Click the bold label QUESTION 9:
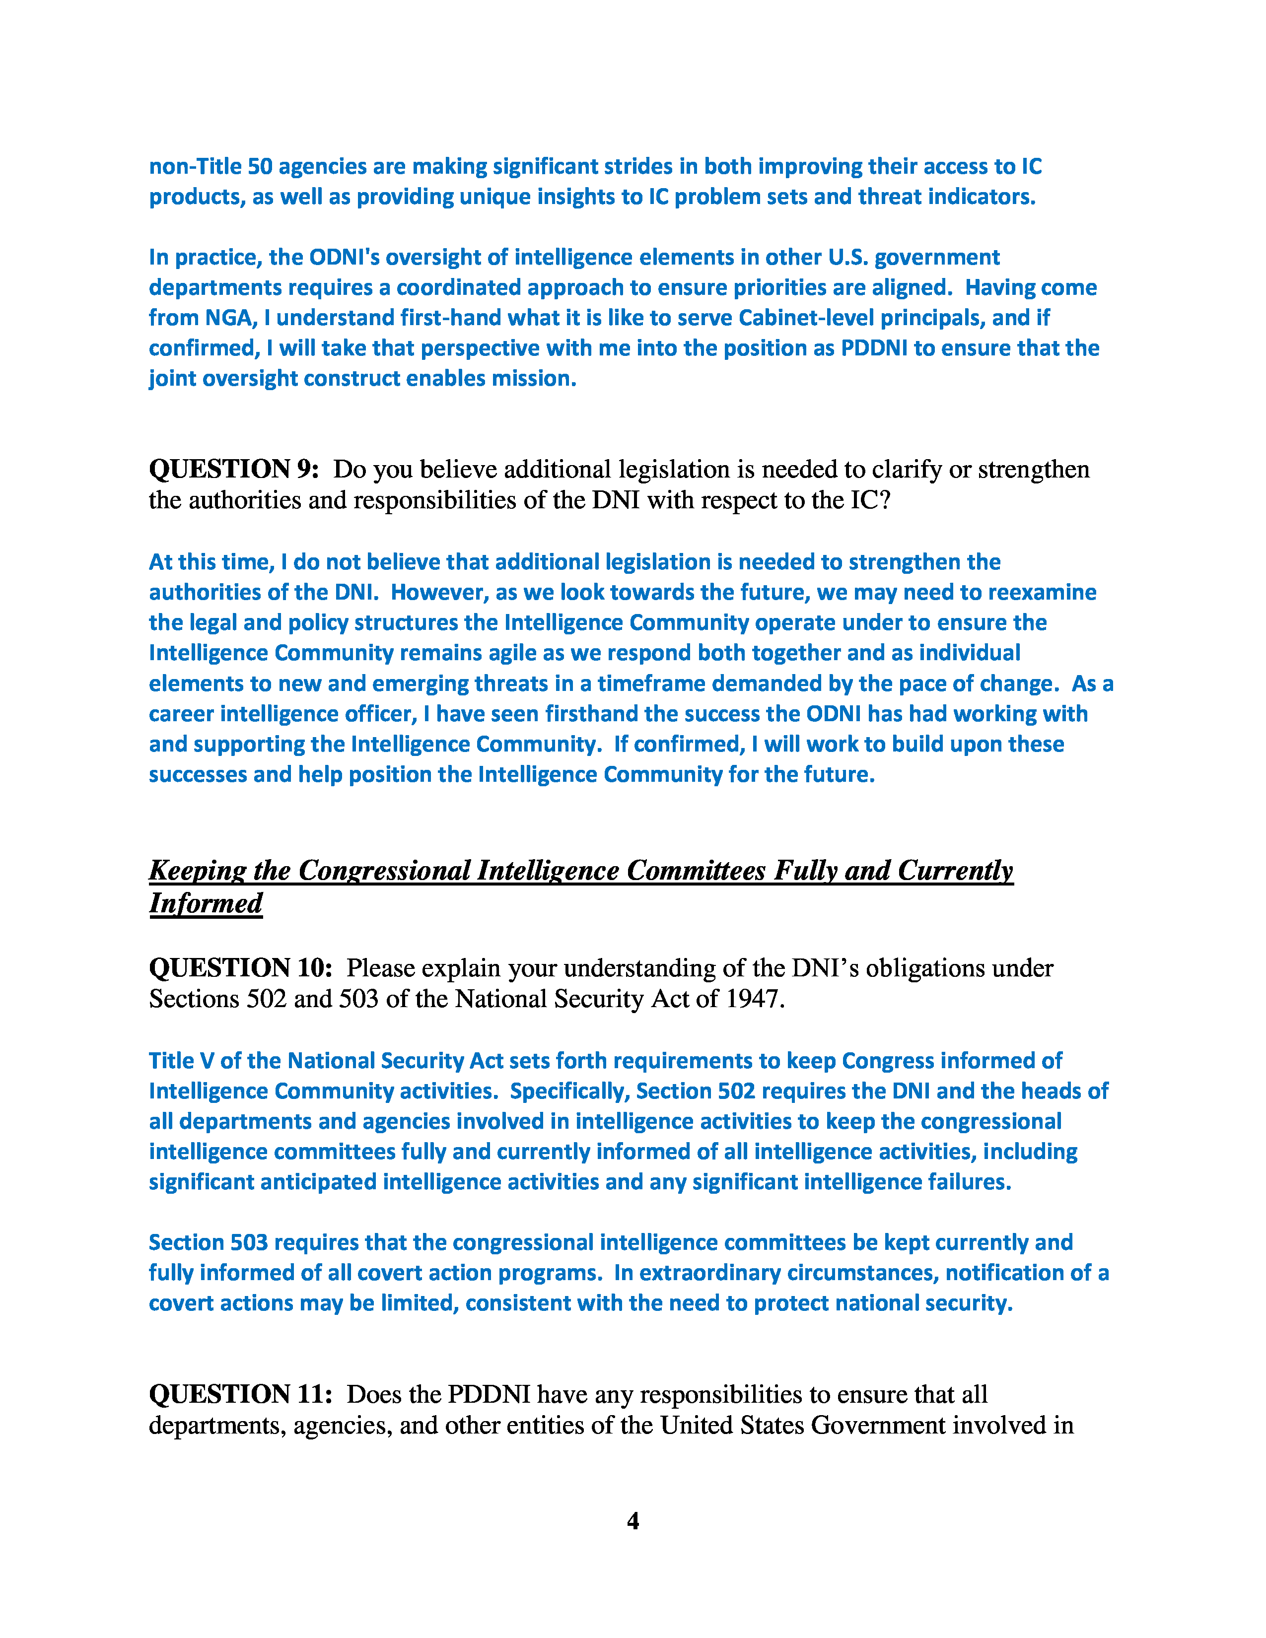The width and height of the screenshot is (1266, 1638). (x=234, y=470)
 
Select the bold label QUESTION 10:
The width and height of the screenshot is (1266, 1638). (x=240, y=968)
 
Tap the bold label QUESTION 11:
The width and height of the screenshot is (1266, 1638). (x=240, y=1394)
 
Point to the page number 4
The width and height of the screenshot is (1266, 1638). (x=632, y=1520)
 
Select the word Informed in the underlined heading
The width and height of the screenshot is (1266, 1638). (x=206, y=903)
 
